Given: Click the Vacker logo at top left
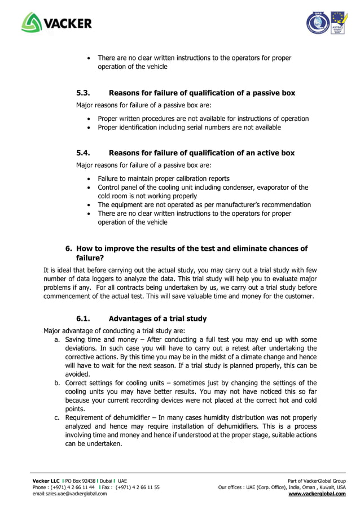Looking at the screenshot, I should (56, 23).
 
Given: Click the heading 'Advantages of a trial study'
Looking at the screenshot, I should (157, 319).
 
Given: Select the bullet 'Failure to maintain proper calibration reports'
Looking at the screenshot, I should (164, 178).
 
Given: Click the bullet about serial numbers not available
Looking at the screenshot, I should (189, 127).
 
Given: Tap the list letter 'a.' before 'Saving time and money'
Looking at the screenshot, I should (57, 339).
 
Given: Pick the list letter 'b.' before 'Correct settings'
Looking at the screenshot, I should (57, 383).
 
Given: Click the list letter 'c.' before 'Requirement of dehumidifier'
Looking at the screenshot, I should (57, 418).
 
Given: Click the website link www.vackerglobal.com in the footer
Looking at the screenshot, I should (317, 493).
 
